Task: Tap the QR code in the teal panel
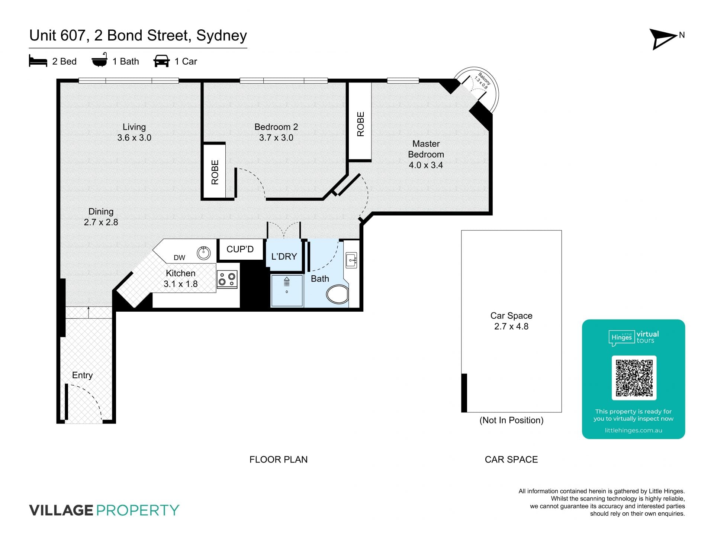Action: (634, 378)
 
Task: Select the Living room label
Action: (134, 132)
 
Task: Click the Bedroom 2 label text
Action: (276, 132)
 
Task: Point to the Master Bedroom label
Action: (426, 154)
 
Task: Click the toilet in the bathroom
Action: (337, 294)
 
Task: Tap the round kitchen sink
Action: (203, 253)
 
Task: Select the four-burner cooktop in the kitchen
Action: (227, 279)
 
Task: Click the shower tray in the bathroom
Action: (286, 291)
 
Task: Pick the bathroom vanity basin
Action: (351, 260)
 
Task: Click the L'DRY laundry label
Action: (284, 256)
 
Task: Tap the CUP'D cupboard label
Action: (240, 249)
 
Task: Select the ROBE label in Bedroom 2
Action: (215, 172)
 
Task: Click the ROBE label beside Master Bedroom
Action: (360, 124)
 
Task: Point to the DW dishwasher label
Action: (179, 257)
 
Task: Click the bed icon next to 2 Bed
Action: (38, 61)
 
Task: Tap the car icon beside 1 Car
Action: (161, 61)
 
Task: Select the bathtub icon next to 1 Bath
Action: (99, 60)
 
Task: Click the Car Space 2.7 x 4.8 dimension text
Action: (511, 326)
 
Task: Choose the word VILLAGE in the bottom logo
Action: (61, 510)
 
